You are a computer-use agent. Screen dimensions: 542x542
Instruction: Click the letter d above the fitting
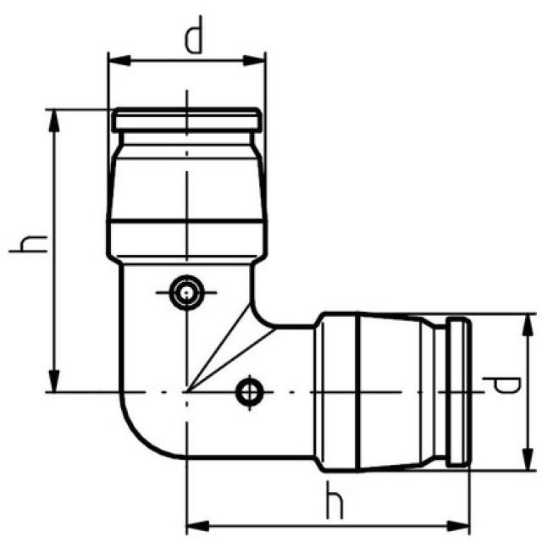pyautogui.click(x=194, y=38)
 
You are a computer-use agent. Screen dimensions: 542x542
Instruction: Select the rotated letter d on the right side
pyautogui.click(x=506, y=389)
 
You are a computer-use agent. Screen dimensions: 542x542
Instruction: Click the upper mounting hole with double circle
pyautogui.click(x=185, y=292)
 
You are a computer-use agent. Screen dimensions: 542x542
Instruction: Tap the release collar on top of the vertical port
pyautogui.click(x=185, y=119)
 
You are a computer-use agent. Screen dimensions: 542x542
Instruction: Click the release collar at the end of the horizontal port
pyautogui.click(x=456, y=391)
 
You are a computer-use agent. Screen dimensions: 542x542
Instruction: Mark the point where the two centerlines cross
pyautogui.click(x=185, y=391)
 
